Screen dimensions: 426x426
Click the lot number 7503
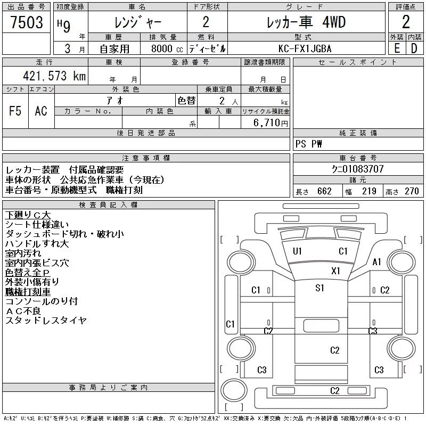(x=27, y=22)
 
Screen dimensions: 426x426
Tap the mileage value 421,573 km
(x=54, y=76)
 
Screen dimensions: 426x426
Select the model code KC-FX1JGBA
(x=305, y=48)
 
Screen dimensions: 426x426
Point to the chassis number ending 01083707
(x=357, y=169)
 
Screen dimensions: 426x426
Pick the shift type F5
(x=15, y=111)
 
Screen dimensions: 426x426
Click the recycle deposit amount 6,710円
(x=271, y=123)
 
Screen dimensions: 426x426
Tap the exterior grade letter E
(x=397, y=48)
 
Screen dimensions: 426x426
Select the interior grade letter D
(x=414, y=48)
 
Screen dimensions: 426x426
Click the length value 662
(x=324, y=191)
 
